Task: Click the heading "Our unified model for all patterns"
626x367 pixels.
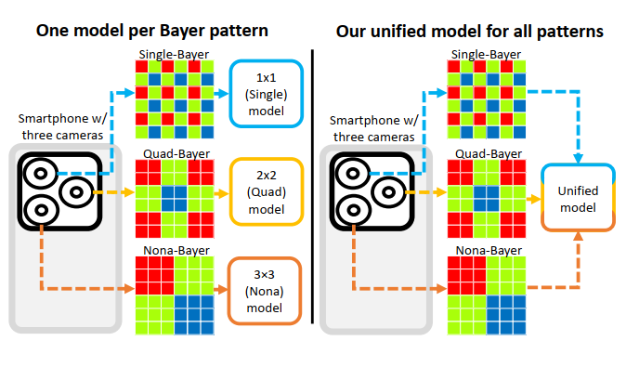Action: click(469, 31)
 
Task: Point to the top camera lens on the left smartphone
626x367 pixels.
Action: click(42, 173)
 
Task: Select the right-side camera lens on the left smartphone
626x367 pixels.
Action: click(75, 193)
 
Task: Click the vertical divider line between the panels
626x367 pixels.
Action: click(313, 186)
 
